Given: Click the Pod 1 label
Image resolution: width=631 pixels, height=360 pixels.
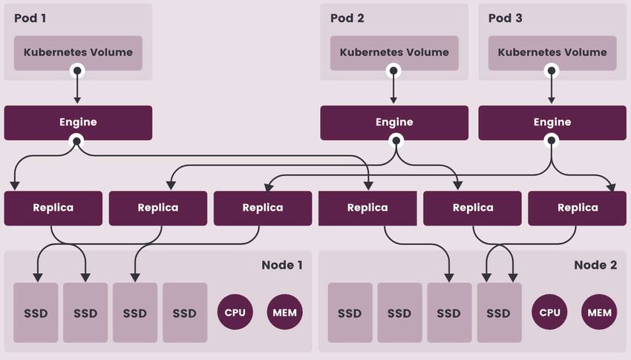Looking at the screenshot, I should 30,18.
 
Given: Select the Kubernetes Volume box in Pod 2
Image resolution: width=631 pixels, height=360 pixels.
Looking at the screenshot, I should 394,53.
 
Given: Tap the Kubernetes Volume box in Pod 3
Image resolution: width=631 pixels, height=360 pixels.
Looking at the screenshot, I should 552,53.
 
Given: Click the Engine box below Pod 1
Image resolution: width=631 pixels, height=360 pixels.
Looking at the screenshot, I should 78,122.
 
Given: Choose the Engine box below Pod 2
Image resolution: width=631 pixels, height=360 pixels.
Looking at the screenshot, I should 394,122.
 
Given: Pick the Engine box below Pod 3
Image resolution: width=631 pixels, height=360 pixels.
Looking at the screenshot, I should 552,122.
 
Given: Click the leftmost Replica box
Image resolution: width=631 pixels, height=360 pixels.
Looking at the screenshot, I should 53,208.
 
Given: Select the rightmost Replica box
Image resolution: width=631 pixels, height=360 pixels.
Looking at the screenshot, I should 578,208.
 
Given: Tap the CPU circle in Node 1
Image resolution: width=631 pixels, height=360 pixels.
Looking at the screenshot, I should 236,312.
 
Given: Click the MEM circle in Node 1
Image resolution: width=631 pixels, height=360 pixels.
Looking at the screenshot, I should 285,312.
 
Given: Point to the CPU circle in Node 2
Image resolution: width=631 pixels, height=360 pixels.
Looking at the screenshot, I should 550,312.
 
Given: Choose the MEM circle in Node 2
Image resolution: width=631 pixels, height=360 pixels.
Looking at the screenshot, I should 600,312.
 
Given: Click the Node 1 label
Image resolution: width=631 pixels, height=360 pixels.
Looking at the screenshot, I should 282,265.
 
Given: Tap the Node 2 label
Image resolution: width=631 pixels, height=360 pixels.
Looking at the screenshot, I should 595,265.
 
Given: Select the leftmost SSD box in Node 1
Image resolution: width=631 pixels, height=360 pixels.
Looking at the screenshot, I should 36,312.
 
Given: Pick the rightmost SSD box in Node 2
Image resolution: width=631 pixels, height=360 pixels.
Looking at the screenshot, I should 498,312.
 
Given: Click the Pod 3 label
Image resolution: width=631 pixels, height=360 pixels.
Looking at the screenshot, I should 505,18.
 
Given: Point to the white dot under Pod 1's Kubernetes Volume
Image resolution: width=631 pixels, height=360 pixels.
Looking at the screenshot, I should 77,71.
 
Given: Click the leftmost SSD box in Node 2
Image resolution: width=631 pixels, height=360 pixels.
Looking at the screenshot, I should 350,312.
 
